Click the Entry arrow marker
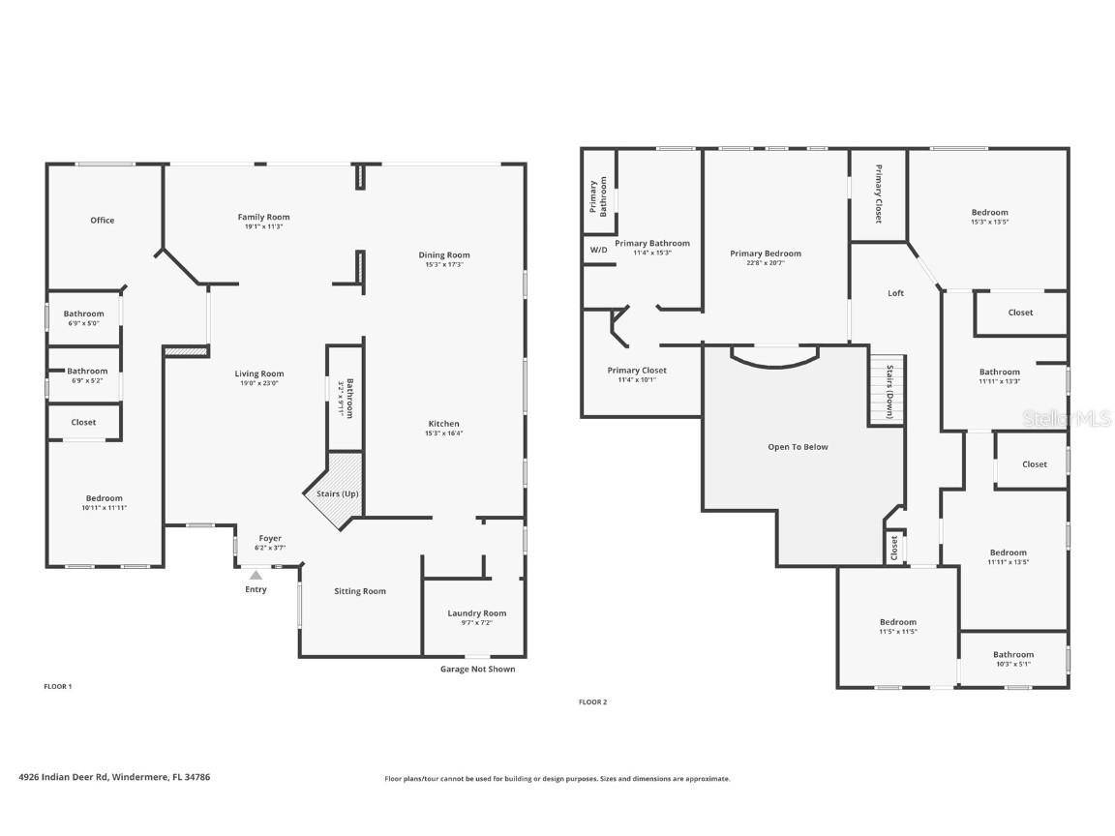click(x=256, y=575)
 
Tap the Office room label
click(x=103, y=221)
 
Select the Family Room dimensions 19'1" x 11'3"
click(x=264, y=228)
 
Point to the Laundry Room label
click(x=476, y=613)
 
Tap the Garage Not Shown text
click(x=477, y=669)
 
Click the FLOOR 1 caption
click(x=58, y=687)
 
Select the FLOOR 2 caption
click(x=592, y=702)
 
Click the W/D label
click(x=598, y=250)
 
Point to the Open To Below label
click(x=798, y=447)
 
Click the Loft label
click(x=895, y=293)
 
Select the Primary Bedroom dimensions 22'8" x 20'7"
click(x=766, y=263)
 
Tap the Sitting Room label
click(x=360, y=591)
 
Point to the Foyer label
click(x=270, y=539)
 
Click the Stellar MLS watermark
click(x=1068, y=419)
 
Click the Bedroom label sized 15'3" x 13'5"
click(x=989, y=213)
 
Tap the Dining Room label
click(x=443, y=255)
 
